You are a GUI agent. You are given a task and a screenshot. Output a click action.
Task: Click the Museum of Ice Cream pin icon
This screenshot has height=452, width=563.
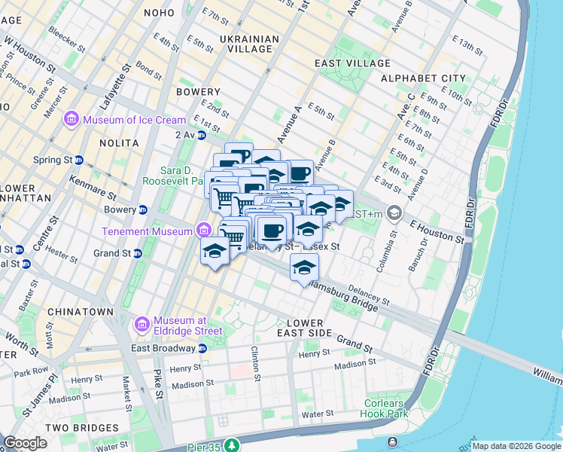(x=72, y=120)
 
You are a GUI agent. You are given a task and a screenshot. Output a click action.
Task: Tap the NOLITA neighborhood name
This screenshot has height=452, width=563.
(x=119, y=142)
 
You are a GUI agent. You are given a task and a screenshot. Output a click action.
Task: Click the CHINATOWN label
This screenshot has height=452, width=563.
(x=81, y=311)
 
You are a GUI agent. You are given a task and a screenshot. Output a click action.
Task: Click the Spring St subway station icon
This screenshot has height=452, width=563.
(x=78, y=160)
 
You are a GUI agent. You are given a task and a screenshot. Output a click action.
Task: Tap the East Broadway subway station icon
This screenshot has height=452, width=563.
(x=202, y=348)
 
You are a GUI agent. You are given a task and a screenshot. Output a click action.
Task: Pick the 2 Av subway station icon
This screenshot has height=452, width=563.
(x=201, y=135)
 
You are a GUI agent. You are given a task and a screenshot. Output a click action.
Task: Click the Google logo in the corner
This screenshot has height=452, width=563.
(x=25, y=442)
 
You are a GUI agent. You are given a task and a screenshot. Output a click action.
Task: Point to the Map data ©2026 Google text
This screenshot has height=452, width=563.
(x=516, y=446)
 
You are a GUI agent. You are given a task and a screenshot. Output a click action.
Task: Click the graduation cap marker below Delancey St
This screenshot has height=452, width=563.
(x=304, y=267)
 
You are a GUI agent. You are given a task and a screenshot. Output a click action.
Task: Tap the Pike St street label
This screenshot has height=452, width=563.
(x=158, y=383)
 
